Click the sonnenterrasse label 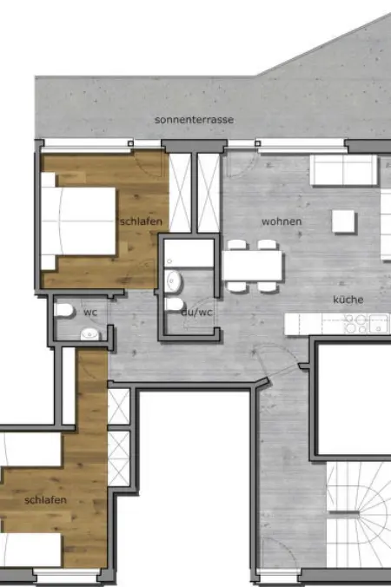tap(194, 120)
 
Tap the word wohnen tap(282, 221)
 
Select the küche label tap(348, 300)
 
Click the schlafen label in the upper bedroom tap(141, 221)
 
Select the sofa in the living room tap(344, 170)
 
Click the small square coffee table tap(343, 221)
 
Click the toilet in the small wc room tap(63, 310)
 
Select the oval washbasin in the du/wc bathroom tap(174, 280)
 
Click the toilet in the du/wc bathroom tap(175, 305)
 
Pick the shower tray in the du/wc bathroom tap(189, 253)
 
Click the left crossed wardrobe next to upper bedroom tap(181, 193)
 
